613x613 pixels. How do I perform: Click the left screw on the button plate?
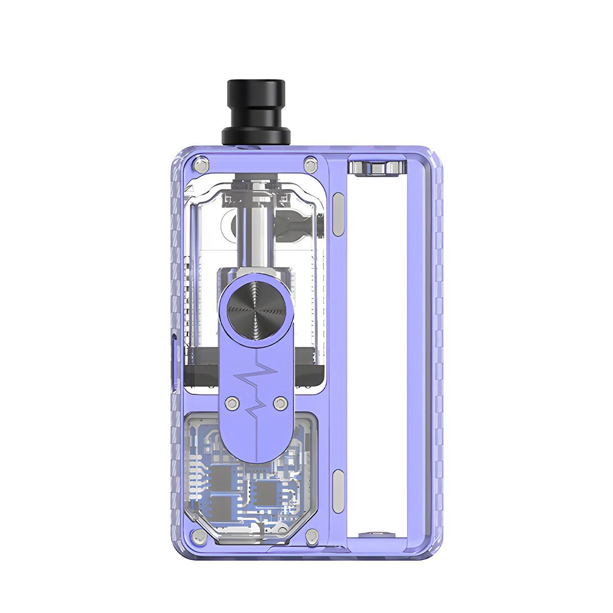232,403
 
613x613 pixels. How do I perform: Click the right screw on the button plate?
279,403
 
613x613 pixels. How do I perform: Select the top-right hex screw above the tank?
309,163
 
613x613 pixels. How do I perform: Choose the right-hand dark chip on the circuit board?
266,493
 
